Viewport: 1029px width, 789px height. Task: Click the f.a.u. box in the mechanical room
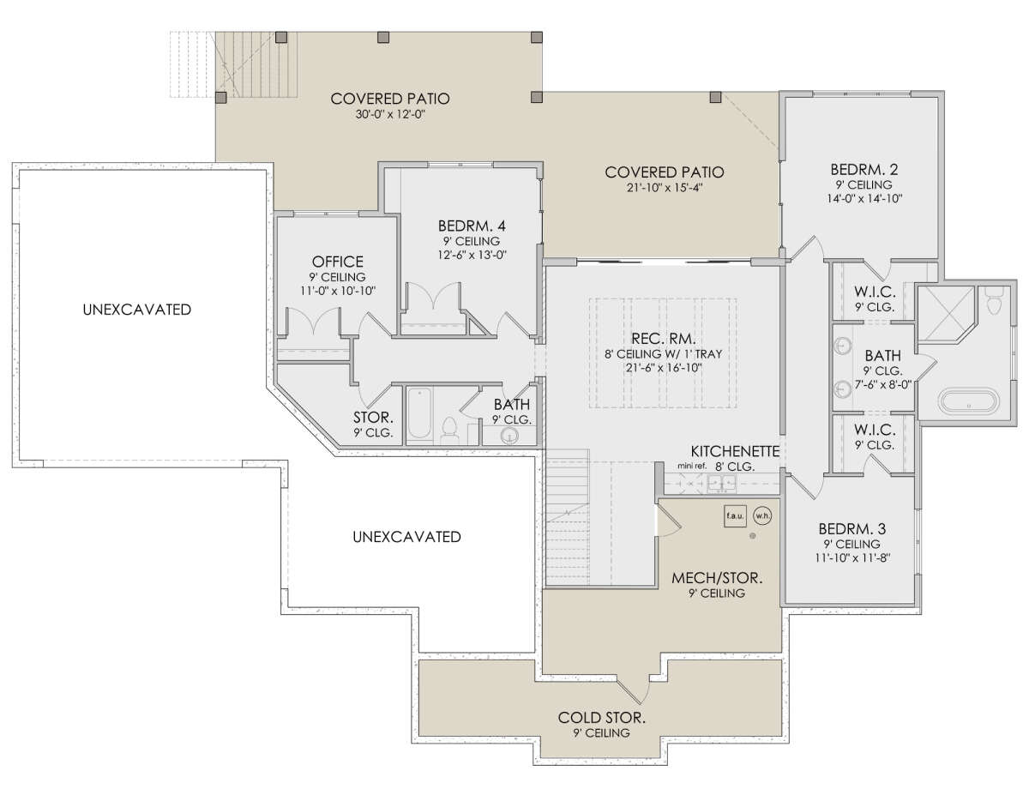(x=735, y=515)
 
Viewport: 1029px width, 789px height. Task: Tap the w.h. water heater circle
(x=762, y=515)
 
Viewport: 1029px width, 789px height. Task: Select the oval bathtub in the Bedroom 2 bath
(x=968, y=401)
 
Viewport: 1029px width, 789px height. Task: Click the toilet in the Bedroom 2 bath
(x=995, y=300)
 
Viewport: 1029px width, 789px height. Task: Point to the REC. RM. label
(x=664, y=339)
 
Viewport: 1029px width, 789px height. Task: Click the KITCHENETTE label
(x=735, y=451)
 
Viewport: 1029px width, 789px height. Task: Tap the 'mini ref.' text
(x=691, y=466)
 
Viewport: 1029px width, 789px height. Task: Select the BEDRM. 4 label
(x=472, y=226)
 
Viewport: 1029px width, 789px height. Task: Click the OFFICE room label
(x=338, y=262)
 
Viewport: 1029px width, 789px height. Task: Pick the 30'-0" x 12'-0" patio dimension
(x=390, y=114)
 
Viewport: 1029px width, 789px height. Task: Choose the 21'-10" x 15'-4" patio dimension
(x=665, y=188)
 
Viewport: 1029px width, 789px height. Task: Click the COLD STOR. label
(x=601, y=718)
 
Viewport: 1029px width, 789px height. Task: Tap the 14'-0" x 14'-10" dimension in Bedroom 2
(x=864, y=198)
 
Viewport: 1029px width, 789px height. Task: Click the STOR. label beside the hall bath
(x=373, y=418)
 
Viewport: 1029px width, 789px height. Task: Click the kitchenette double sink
(x=722, y=483)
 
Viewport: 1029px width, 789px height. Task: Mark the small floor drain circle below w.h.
(x=752, y=536)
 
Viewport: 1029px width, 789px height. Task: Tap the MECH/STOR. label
(x=717, y=578)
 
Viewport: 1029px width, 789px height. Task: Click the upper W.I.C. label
(x=875, y=292)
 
